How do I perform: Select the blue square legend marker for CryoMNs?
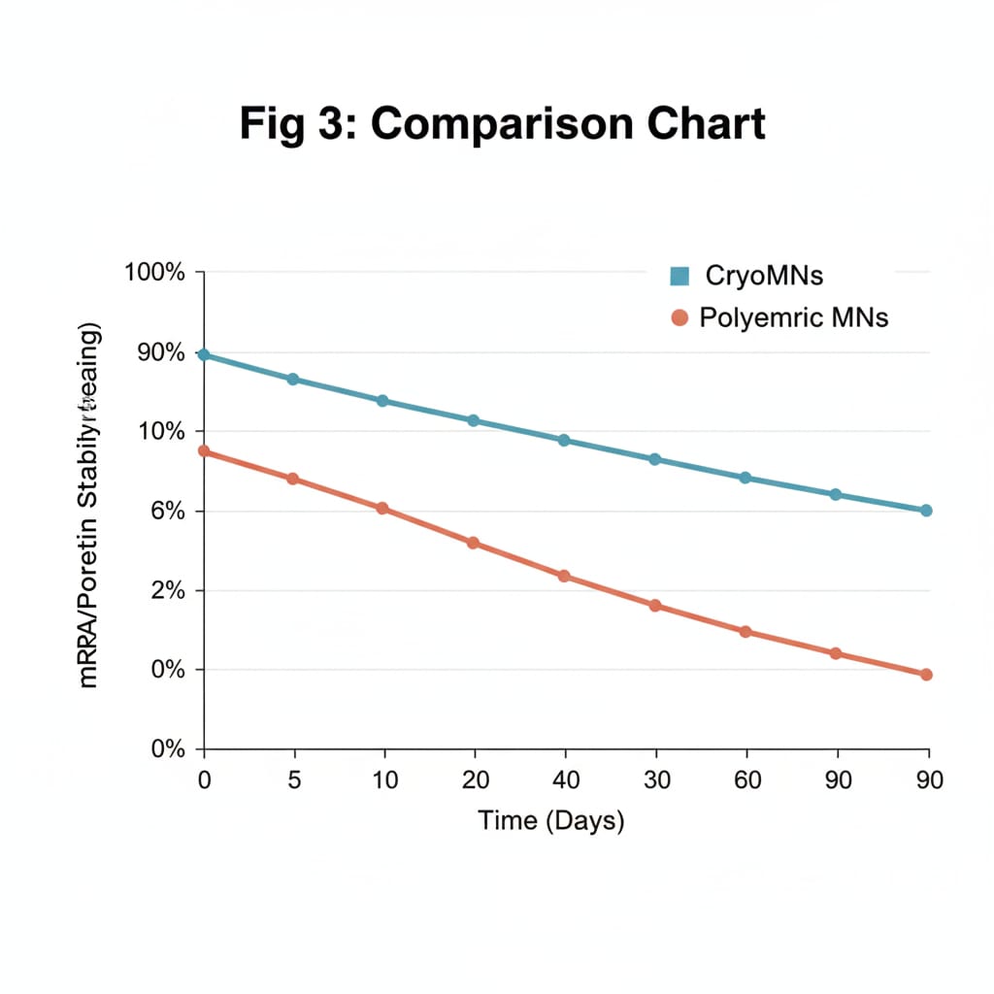click(679, 277)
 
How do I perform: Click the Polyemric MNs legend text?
click(793, 317)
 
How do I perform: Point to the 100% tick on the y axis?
click(155, 273)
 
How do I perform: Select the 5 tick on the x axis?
click(294, 779)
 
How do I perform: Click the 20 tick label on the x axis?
click(475, 779)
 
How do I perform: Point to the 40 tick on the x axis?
click(565, 779)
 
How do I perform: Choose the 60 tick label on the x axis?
click(745, 779)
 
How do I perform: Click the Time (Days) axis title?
click(550, 821)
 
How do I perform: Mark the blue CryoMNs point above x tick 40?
click(564, 441)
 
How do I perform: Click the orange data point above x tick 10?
click(382, 509)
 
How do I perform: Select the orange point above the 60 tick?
click(745, 632)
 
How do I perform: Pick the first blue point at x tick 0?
click(204, 355)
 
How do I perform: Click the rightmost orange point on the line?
click(926, 675)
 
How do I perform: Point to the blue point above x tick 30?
click(654, 459)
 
